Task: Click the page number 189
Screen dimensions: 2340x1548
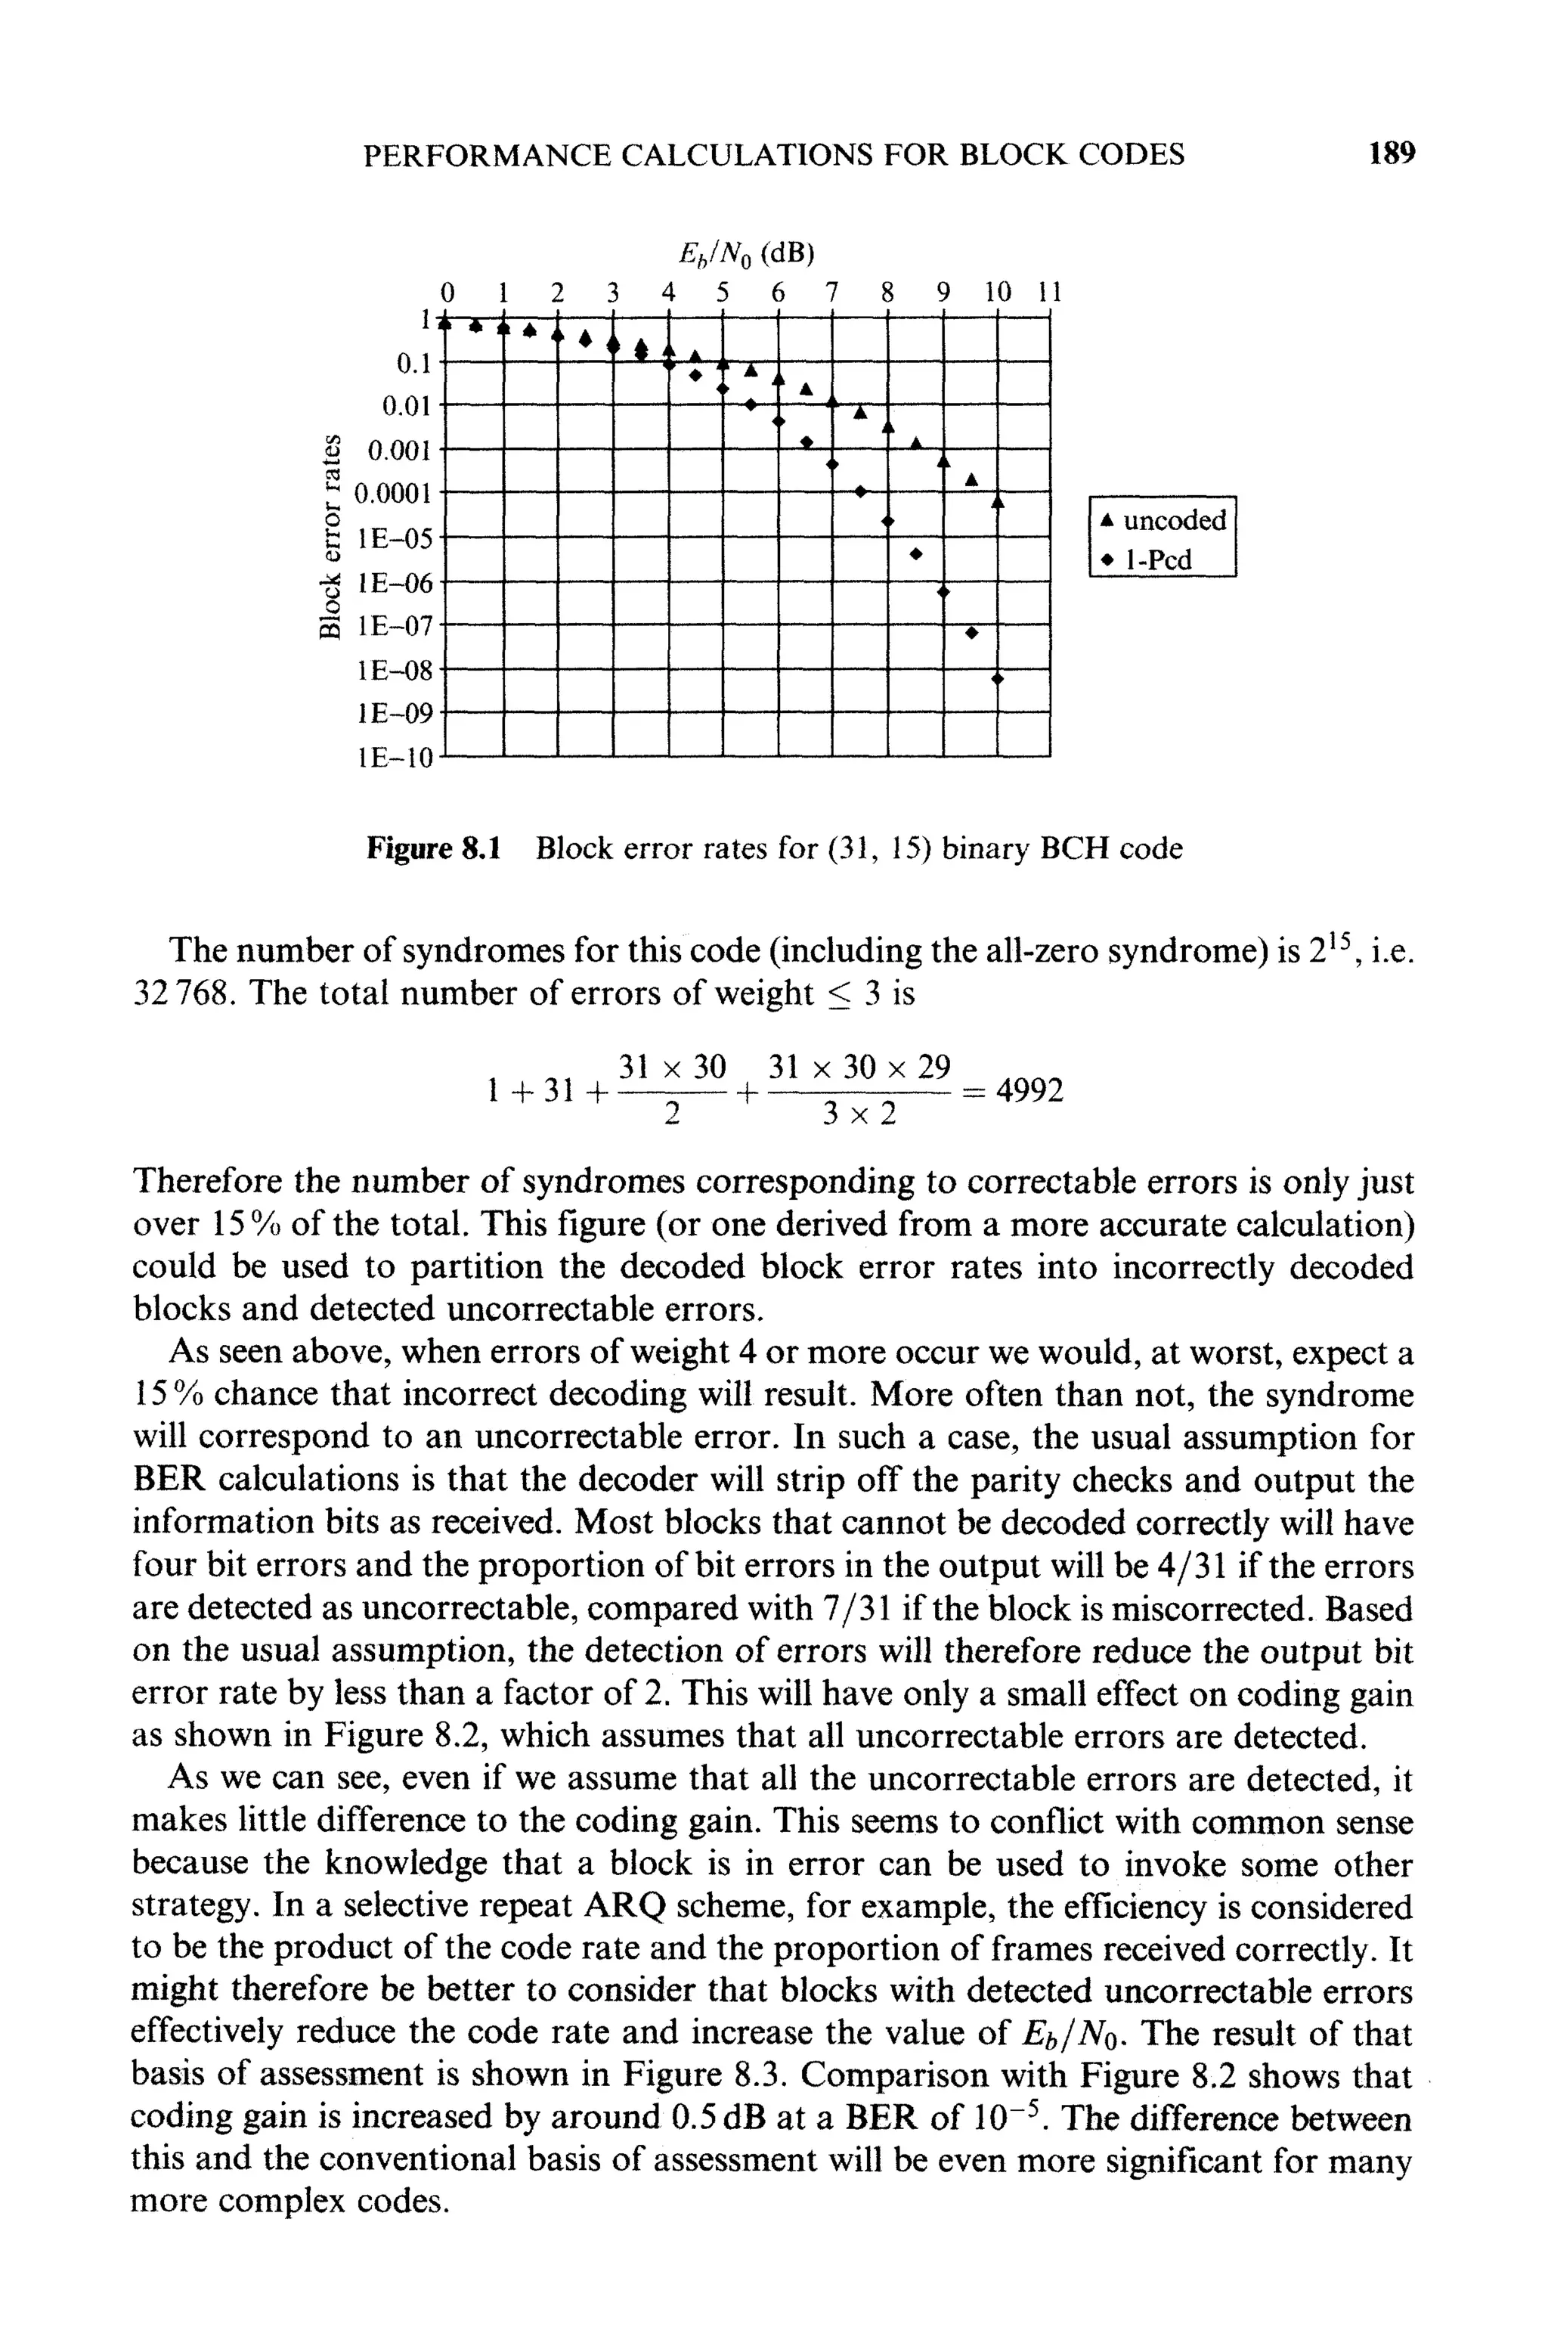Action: point(1392,154)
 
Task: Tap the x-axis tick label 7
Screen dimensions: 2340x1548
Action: point(831,293)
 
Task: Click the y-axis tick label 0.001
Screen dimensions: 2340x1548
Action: point(399,451)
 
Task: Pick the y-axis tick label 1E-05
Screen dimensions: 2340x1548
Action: point(396,539)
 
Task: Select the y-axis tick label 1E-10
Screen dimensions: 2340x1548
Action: point(395,758)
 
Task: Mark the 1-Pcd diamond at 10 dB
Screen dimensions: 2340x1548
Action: point(997,679)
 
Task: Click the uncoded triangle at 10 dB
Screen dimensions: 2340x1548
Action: point(997,503)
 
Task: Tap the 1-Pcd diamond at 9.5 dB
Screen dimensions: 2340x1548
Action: point(971,633)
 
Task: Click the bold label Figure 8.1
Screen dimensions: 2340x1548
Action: point(433,848)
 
